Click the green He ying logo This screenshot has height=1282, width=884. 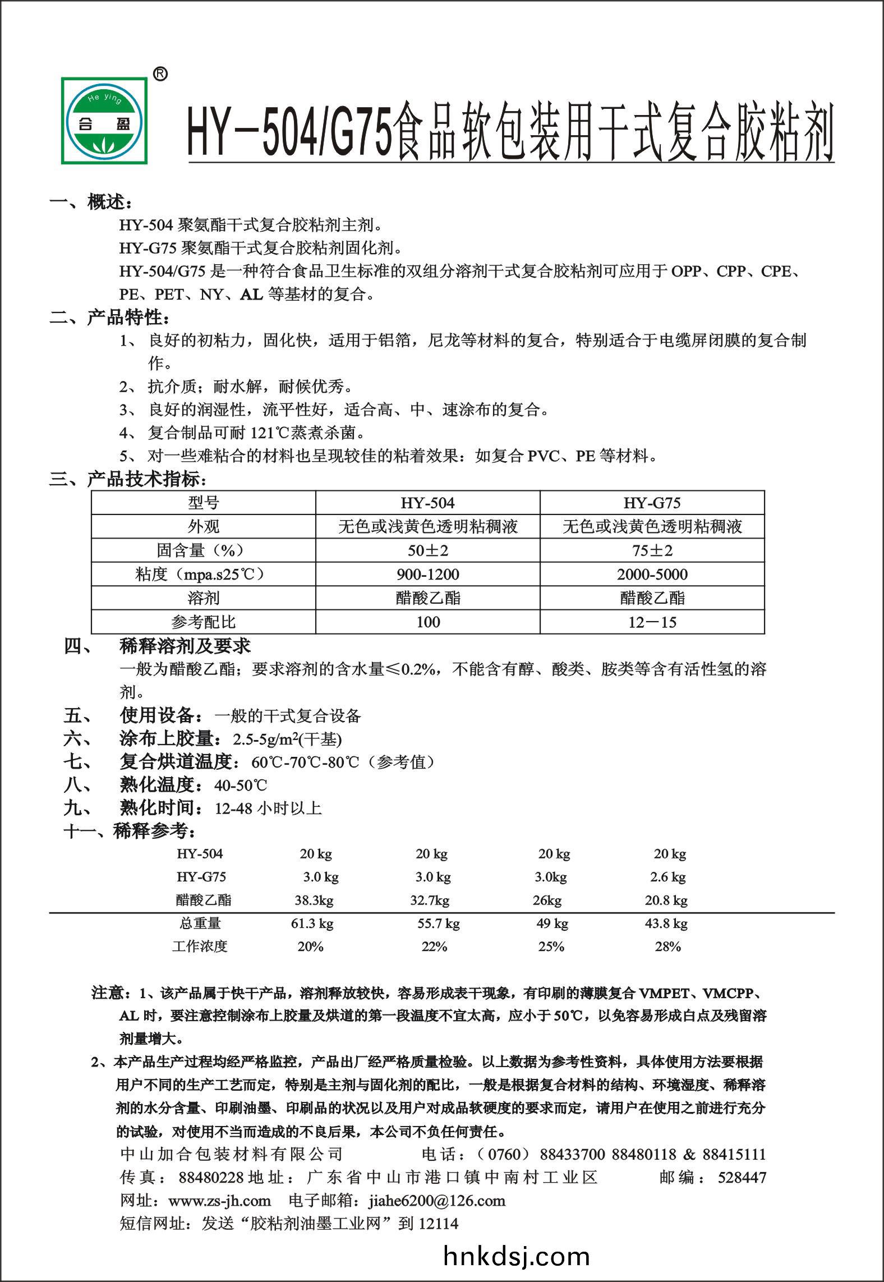105,121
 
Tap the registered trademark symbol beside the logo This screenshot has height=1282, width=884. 160,74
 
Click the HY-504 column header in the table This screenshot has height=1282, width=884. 427,503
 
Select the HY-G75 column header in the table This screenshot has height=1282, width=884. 652,503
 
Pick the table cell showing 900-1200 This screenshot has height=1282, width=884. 427,575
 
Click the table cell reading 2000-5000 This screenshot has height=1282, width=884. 652,575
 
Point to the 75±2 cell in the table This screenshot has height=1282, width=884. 652,550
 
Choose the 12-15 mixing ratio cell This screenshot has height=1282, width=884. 652,622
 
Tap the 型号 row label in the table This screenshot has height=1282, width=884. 203,503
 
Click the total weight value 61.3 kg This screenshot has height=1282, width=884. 312,923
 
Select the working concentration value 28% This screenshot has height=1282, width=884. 667,947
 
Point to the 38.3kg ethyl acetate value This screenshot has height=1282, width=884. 314,900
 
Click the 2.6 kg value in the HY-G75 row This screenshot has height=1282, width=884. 668,877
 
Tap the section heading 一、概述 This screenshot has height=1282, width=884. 91,202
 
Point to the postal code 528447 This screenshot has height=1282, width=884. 742,1177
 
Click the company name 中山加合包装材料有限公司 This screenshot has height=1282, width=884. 231,1154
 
